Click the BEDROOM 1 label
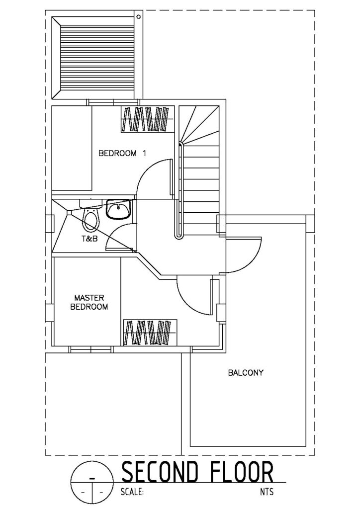pyautogui.click(x=122, y=153)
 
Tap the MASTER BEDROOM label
pyautogui.click(x=89, y=302)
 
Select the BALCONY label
pyautogui.click(x=246, y=373)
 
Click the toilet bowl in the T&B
pyautogui.click(x=90, y=219)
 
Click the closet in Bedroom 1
pyautogui.click(x=145, y=119)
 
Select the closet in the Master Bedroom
pyautogui.click(x=150, y=333)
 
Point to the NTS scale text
pyautogui.click(x=267, y=492)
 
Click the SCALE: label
pyautogui.click(x=132, y=492)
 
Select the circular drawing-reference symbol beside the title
pyautogui.click(x=92, y=482)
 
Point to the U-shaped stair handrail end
pyautogui.click(x=178, y=238)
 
